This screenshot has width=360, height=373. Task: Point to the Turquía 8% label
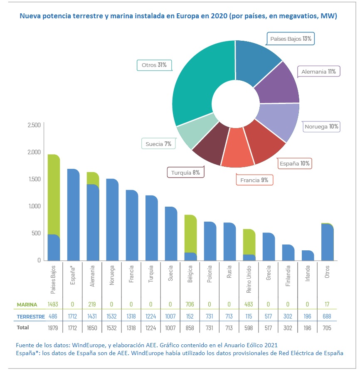point(185,172)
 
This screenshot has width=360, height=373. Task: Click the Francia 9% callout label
point(254,180)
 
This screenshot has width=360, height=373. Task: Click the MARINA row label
point(27,304)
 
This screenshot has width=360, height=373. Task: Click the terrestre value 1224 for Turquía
point(151,316)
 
